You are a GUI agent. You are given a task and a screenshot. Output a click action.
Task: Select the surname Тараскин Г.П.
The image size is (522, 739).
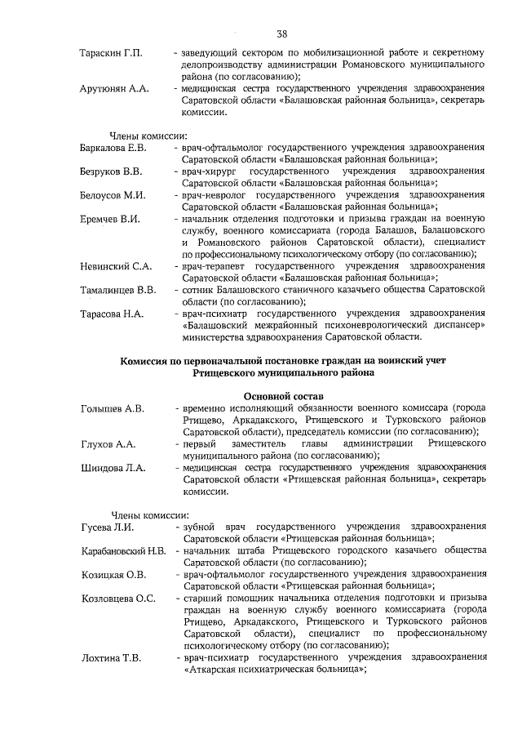(x=112, y=53)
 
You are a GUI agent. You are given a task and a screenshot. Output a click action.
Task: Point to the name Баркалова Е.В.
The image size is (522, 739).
(x=114, y=147)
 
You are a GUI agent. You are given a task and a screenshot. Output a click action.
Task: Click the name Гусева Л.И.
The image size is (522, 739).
(x=106, y=528)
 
